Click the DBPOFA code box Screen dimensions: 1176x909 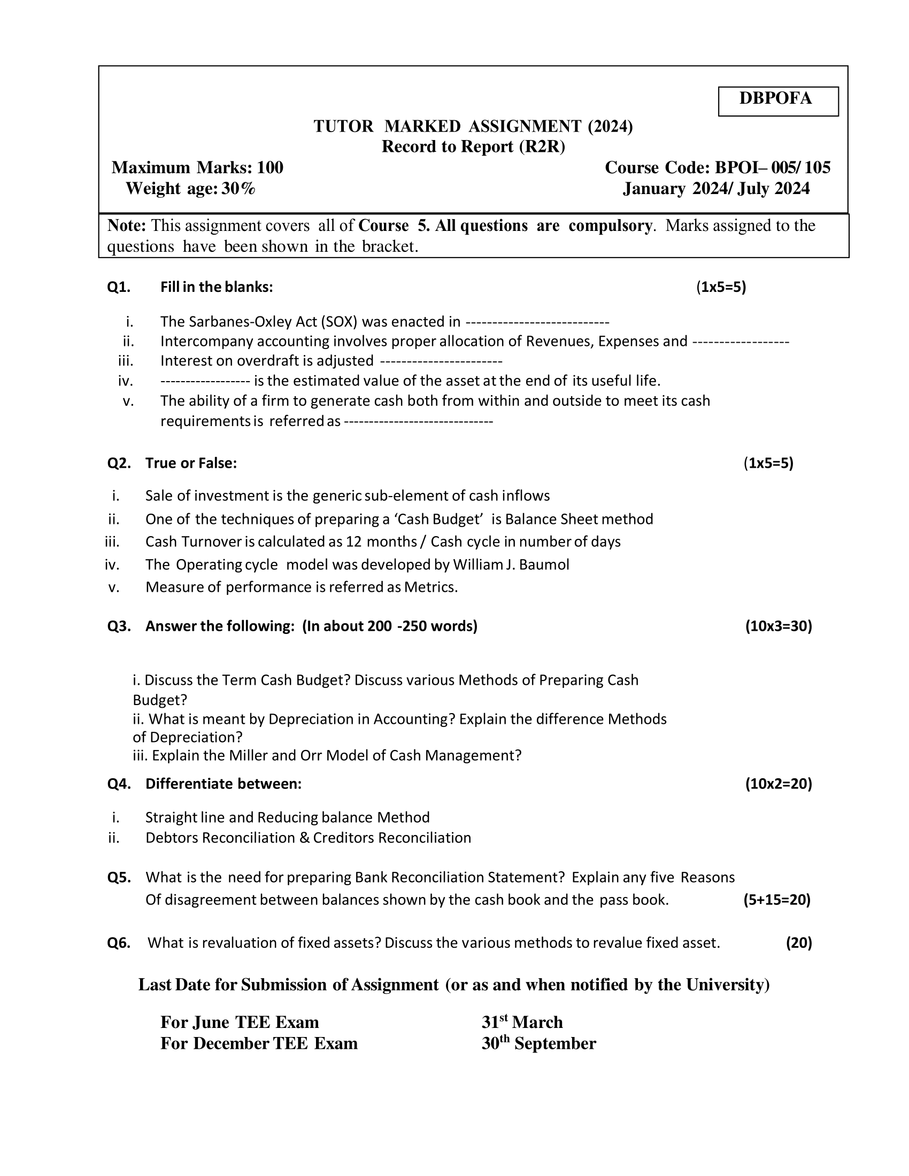click(777, 100)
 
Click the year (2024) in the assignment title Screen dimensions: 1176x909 click(610, 127)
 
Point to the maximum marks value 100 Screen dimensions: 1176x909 click(270, 168)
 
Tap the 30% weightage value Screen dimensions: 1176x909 click(238, 189)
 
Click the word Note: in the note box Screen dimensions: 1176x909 click(127, 226)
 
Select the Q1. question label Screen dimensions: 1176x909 click(119, 287)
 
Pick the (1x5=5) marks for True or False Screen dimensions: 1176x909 click(768, 463)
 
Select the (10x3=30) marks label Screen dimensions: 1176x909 click(778, 626)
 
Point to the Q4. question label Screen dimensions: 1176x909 click(119, 784)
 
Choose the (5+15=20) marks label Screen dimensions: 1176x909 click(776, 900)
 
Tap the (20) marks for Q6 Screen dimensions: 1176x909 click(799, 943)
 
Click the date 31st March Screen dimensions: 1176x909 click(522, 1023)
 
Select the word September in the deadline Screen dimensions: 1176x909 click(554, 1043)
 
